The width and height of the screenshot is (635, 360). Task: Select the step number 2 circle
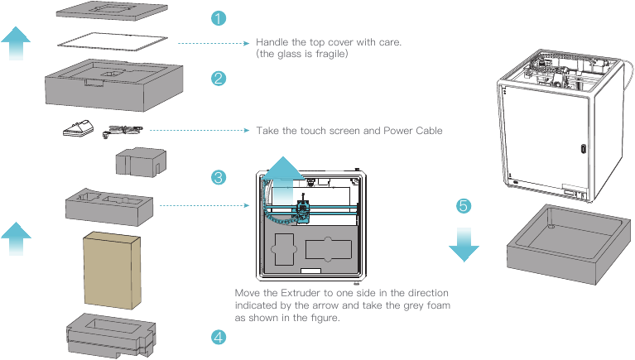click(219, 79)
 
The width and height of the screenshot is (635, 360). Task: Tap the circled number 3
click(219, 177)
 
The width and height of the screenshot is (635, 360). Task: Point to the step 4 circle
click(219, 337)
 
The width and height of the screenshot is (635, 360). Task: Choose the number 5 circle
click(464, 204)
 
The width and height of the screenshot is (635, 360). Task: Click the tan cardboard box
click(113, 269)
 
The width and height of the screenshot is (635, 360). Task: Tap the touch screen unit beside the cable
click(79, 127)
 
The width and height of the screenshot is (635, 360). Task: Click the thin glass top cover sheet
click(115, 39)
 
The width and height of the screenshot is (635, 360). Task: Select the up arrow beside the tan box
click(16, 241)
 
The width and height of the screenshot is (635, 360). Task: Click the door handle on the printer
click(583, 149)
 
